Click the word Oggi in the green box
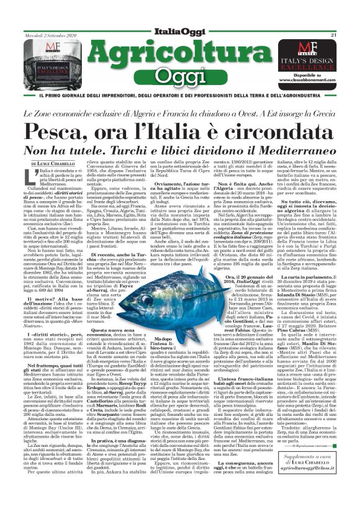180,76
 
